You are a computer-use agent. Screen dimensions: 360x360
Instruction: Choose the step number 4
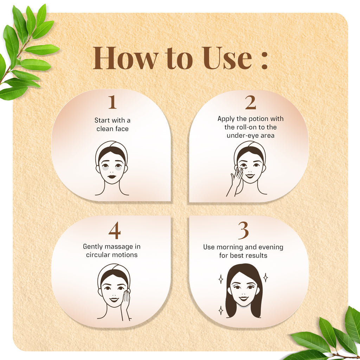[115, 231]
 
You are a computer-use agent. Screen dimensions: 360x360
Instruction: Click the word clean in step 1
[105, 129]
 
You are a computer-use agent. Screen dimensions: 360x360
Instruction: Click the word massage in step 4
[118, 247]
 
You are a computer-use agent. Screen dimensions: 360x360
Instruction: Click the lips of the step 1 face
[112, 176]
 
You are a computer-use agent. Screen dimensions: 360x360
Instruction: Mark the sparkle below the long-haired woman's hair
[221, 310]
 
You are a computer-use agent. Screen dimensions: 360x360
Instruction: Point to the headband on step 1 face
[112, 144]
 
